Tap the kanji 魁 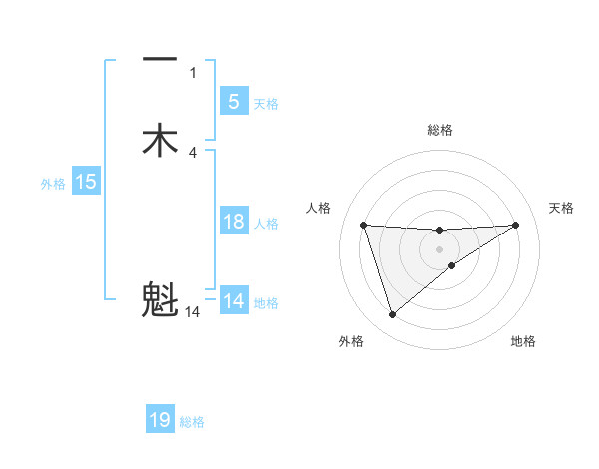click(x=160, y=298)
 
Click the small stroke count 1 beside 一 click(x=193, y=72)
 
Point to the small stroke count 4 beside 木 click(x=193, y=152)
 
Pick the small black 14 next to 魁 click(x=193, y=312)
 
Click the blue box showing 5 click(x=233, y=101)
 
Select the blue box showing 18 click(x=233, y=222)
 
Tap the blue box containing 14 click(x=233, y=301)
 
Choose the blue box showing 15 click(x=85, y=182)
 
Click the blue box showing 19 click(x=160, y=420)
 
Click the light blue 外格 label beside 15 click(x=53, y=184)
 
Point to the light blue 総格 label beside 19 click(x=192, y=422)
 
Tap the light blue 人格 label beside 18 click(x=267, y=224)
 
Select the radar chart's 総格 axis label click(x=439, y=130)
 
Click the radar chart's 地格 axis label click(x=523, y=342)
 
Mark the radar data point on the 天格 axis click(x=515, y=225)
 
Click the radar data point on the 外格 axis click(x=392, y=315)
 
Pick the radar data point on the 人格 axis click(x=363, y=225)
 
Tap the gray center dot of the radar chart click(x=439, y=249)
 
